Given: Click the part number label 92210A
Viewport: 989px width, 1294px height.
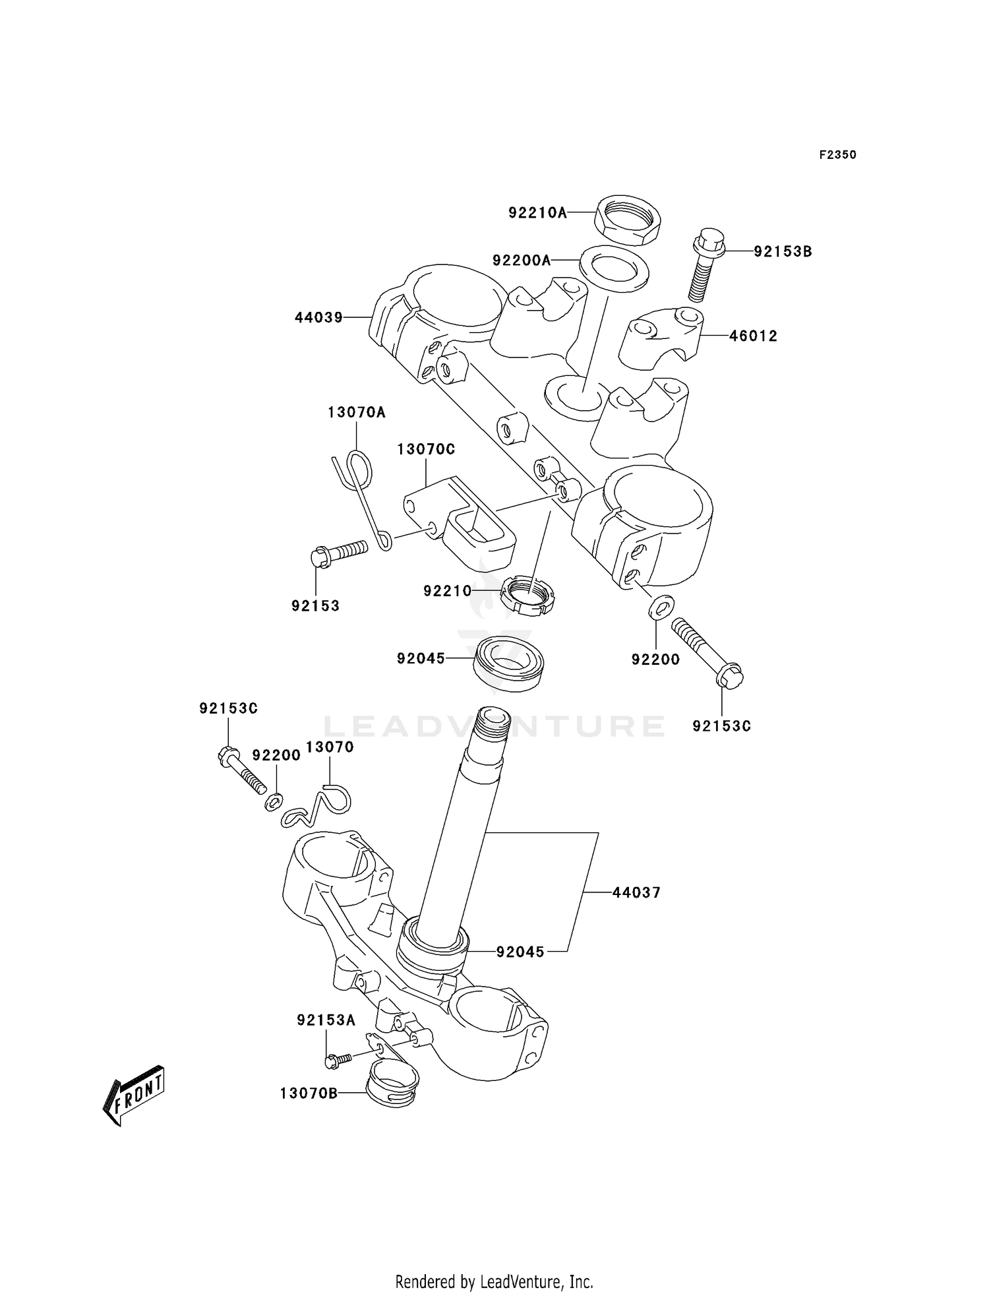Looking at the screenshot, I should (x=537, y=212).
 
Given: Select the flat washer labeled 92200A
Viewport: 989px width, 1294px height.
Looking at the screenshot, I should (x=613, y=268).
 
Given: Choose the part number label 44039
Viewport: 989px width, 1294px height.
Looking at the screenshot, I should (x=318, y=318).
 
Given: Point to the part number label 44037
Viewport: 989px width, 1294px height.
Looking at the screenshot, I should (x=636, y=892).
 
